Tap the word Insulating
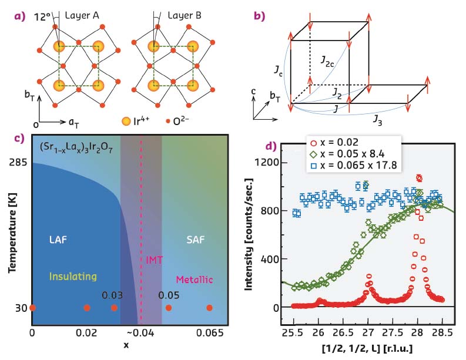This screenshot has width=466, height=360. pyautogui.click(x=73, y=275)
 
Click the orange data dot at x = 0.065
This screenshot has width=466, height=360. pyautogui.click(x=209, y=308)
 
